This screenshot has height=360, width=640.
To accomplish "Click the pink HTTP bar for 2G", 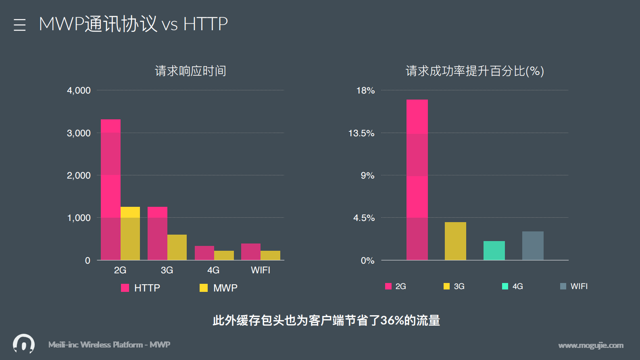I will click(110, 189).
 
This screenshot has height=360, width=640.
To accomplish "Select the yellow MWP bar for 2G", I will click(130, 233).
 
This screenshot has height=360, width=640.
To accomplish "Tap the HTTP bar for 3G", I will click(157, 233).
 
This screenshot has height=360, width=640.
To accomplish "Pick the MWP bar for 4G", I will click(224, 255).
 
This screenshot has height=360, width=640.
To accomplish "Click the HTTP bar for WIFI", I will click(251, 252).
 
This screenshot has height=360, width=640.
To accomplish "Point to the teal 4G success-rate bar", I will click(494, 250).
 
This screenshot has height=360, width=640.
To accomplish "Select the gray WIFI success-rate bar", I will click(533, 246).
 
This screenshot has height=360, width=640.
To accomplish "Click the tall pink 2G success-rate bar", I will click(417, 180).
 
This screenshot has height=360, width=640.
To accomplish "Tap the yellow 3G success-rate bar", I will click(455, 241).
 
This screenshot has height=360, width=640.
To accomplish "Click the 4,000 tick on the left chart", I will click(79, 90).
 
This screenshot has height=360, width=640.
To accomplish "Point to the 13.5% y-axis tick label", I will click(361, 133).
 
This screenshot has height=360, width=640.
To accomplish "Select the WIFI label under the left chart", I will click(261, 270).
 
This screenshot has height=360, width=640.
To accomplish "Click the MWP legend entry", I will click(219, 288).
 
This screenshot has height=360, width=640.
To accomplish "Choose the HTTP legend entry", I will click(141, 288).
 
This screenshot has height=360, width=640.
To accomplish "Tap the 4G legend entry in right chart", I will click(513, 286).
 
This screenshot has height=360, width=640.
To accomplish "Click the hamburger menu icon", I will click(19, 25).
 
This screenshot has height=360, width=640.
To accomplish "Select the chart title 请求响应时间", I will click(190, 71).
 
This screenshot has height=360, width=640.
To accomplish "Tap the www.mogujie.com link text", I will click(591, 345).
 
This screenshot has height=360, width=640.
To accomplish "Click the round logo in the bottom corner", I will click(24, 344).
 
